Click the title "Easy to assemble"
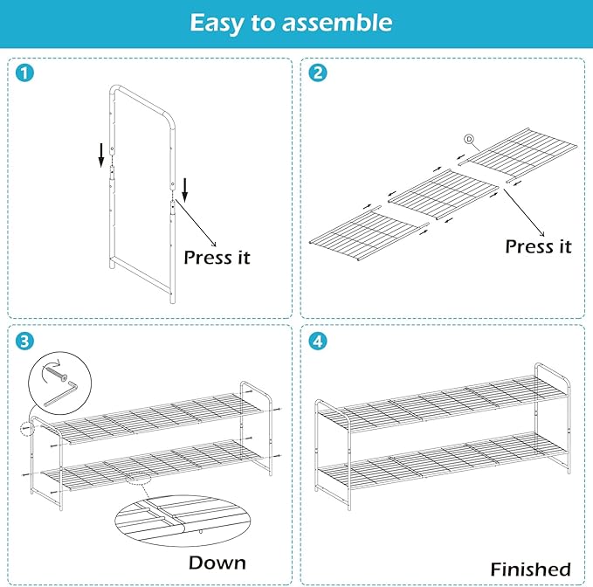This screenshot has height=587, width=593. pos(291,23)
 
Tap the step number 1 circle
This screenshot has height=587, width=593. pos(25,73)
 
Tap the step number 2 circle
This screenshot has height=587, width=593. pos(318,73)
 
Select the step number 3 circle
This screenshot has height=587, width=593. pos(25,340)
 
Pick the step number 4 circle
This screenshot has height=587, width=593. pos(318,340)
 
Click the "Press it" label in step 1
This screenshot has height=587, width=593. pos(217,258)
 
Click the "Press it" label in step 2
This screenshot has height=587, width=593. pos(538,247)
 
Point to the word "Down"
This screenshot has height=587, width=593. pos(217,562)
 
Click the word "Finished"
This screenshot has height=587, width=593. pos(530,569)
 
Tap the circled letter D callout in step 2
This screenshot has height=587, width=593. pos(468,139)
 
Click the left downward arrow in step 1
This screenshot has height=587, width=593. pos(101,155)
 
